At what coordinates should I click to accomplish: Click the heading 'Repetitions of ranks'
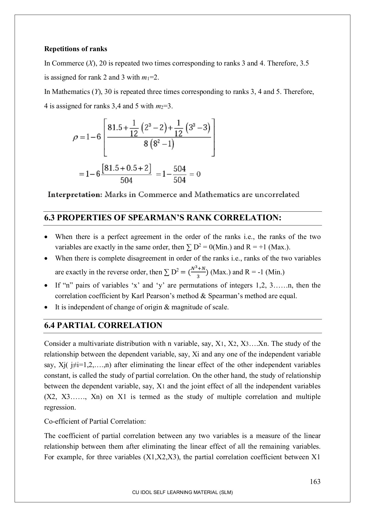[x=76, y=49]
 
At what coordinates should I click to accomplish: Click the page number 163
[x=315, y=482]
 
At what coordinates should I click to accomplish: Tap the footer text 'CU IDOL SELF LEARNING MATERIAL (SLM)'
[x=182, y=492]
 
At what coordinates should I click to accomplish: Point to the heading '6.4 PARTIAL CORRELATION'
[x=103, y=325]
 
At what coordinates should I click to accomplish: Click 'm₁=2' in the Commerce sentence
[x=150, y=78]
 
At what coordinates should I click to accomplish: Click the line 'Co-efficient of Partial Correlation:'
[x=95, y=421]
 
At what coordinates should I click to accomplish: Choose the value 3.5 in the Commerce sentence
[x=304, y=63]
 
